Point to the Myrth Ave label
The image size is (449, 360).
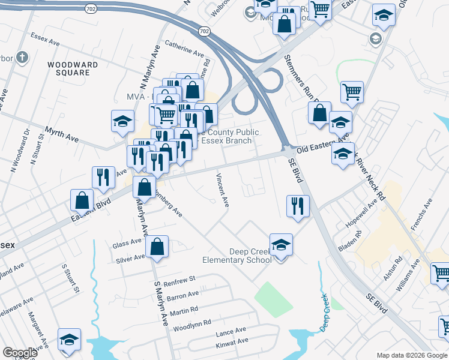tap(62, 134)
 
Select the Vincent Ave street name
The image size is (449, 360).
tap(223, 191)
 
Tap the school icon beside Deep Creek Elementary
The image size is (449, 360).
tap(281, 245)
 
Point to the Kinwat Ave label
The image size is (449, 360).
tap(232, 341)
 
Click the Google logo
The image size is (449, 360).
tap(20, 353)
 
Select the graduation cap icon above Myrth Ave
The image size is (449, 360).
tap(122, 122)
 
